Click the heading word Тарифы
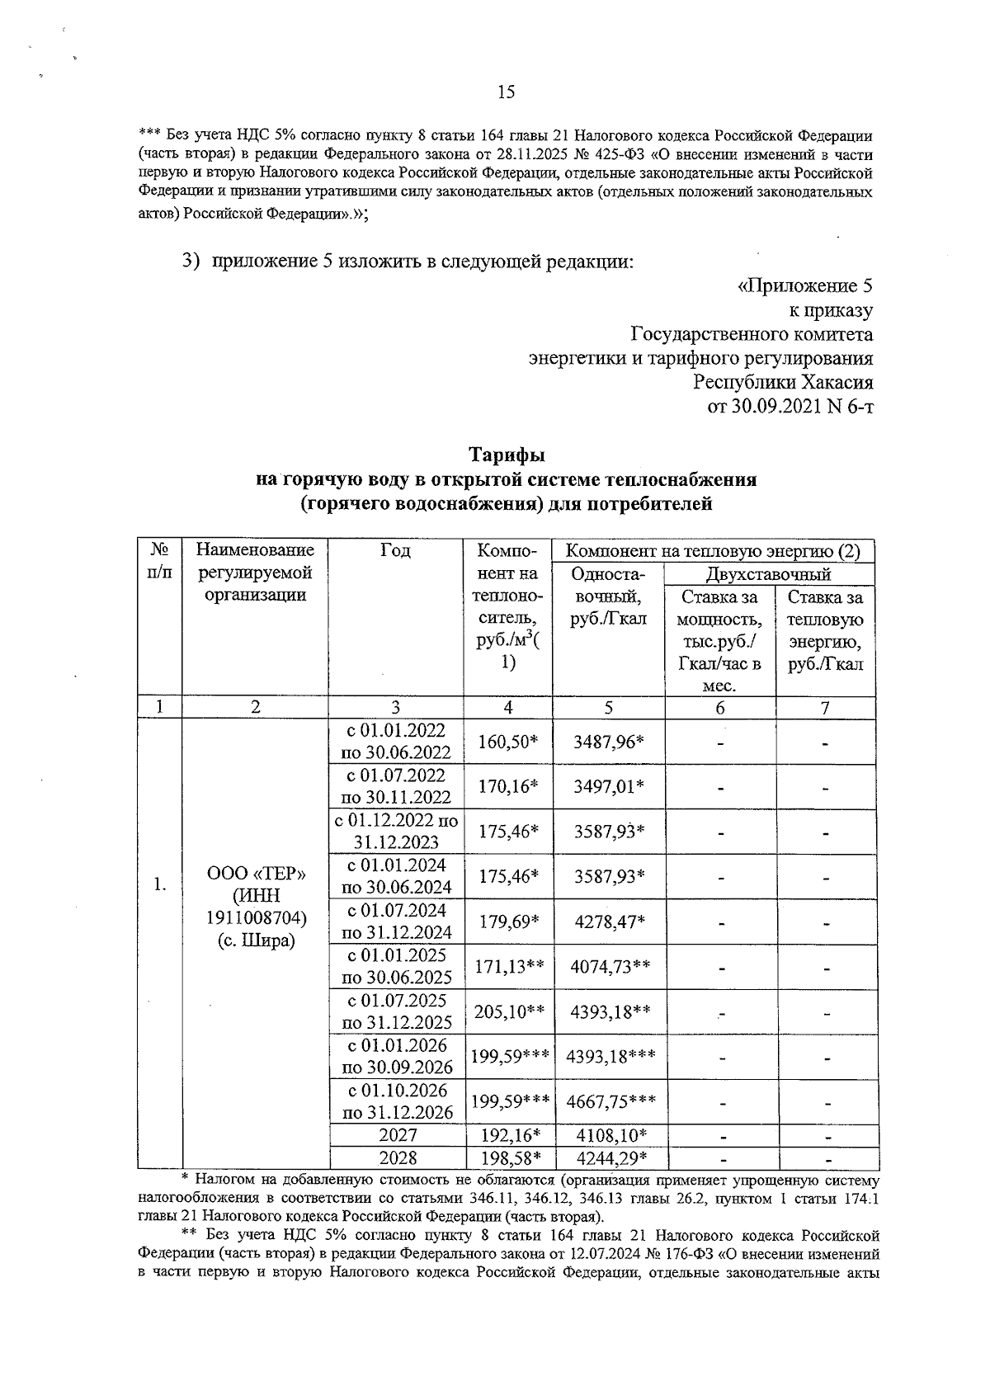(507, 455)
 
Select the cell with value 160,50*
(508, 742)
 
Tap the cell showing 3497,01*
(609, 786)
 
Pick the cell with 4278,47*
(609, 922)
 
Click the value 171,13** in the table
(508, 967)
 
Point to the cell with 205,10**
(508, 1011)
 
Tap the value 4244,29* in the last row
(609, 1157)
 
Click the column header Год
(396, 550)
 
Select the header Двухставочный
(768, 574)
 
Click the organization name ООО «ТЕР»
(257, 874)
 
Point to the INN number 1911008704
(257, 917)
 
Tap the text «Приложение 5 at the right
(804, 286)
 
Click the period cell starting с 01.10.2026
(397, 1101)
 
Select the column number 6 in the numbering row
(720, 707)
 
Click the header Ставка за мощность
(720, 607)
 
